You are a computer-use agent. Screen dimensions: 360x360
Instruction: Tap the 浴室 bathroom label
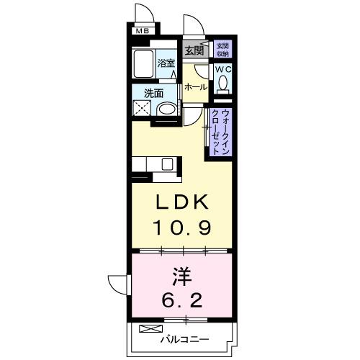point(166,63)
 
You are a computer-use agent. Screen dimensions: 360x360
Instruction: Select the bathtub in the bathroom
point(144,66)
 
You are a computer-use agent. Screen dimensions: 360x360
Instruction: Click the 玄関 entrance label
point(193,50)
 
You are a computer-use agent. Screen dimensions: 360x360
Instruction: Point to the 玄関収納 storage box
point(222,49)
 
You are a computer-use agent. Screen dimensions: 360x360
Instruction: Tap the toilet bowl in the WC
point(222,84)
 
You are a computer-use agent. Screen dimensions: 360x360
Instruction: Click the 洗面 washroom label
point(153,93)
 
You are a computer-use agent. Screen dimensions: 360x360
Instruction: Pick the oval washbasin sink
point(166,110)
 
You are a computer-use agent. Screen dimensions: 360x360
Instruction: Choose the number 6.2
point(180,298)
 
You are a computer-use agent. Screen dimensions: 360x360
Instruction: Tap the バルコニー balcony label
point(184,338)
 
